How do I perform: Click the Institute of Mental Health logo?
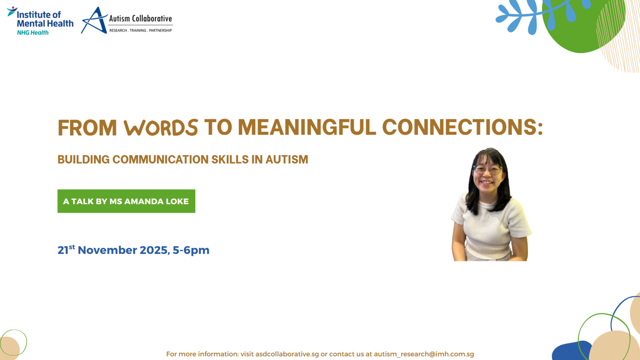pos(40,20)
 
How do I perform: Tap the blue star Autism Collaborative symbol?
pos(94,21)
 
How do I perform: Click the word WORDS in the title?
pos(161,128)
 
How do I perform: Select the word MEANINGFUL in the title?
pos(306,128)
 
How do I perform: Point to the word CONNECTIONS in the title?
pos(462,128)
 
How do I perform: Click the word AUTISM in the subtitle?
pos(286,159)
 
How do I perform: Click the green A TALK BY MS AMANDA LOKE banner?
pos(126,201)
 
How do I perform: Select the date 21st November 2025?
pos(113,250)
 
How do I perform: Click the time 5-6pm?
pos(191,250)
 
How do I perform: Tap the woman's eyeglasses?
pos(487,170)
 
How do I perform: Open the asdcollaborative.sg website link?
pos(287,354)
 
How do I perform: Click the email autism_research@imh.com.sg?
pos(423,354)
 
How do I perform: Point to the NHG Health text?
pos(32,32)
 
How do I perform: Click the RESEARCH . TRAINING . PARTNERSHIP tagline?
pos(140,30)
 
